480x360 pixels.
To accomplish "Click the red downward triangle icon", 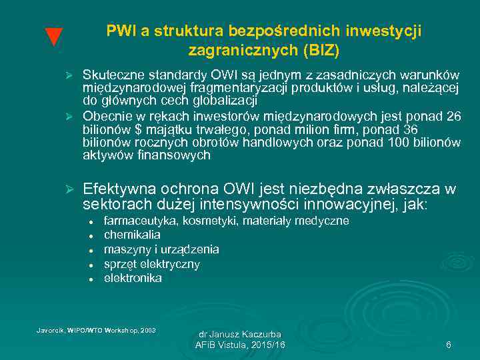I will pyautogui.click(x=53, y=38).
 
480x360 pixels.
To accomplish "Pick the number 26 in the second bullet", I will pyautogui.click(x=453, y=117).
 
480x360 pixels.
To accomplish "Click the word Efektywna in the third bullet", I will pyautogui.click(x=118, y=189).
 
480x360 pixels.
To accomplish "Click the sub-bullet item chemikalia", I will pyautogui.click(x=132, y=235).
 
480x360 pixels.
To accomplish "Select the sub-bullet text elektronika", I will pyautogui.click(x=133, y=279).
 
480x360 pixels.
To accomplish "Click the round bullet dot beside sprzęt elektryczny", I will pyautogui.click(x=89, y=265).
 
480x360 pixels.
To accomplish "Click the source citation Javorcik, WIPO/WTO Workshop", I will pyautogui.click(x=95, y=329).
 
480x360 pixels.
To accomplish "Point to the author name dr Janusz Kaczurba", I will pyautogui.click(x=240, y=333).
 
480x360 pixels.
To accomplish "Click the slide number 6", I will pyautogui.click(x=449, y=345).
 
